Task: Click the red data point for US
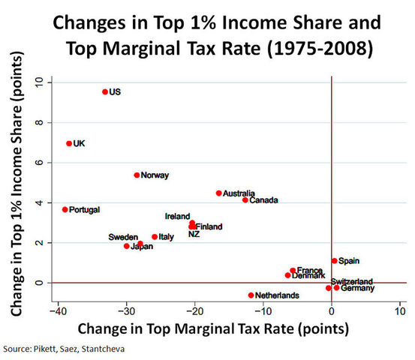click(x=105, y=92)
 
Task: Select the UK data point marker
click(x=69, y=143)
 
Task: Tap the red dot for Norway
click(x=137, y=175)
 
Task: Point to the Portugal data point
click(x=65, y=209)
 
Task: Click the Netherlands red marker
click(x=251, y=295)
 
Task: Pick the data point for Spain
click(x=335, y=261)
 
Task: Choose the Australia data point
click(x=218, y=193)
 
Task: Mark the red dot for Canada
click(x=245, y=199)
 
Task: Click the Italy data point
click(x=155, y=236)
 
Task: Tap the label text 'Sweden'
click(x=123, y=236)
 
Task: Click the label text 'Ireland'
click(x=177, y=216)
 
